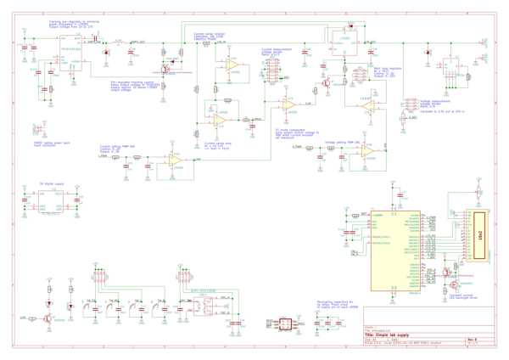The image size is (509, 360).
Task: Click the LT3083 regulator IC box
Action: tap(345, 40)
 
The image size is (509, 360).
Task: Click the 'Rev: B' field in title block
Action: tap(472, 338)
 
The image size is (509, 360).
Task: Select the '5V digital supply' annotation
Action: tap(53, 183)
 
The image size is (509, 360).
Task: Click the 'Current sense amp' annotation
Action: tap(220, 146)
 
